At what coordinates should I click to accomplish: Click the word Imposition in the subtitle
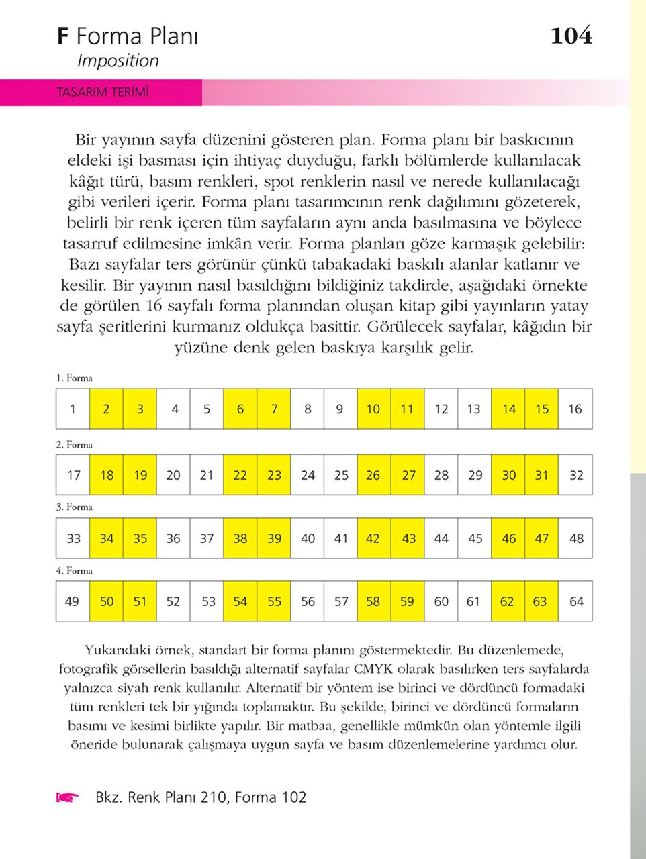coord(118,61)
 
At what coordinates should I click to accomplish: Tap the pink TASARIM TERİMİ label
coord(102,92)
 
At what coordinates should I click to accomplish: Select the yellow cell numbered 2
coord(106,409)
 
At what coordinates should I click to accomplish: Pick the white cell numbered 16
coord(575,409)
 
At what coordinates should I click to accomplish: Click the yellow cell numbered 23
coord(274,475)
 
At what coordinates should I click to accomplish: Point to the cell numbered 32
coord(575,475)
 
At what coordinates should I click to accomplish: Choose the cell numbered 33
coord(73,538)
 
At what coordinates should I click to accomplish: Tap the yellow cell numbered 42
coord(373,538)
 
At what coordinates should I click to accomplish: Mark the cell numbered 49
coord(73,601)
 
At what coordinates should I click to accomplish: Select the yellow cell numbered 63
coord(541,601)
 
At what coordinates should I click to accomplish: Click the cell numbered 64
coord(575,601)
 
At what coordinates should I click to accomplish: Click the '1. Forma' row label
coord(75,378)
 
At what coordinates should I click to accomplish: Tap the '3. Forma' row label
coord(75,507)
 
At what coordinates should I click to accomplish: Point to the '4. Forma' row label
coord(75,570)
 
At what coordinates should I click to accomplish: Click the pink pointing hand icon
coord(67,797)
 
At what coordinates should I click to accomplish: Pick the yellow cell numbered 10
coord(373,409)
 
